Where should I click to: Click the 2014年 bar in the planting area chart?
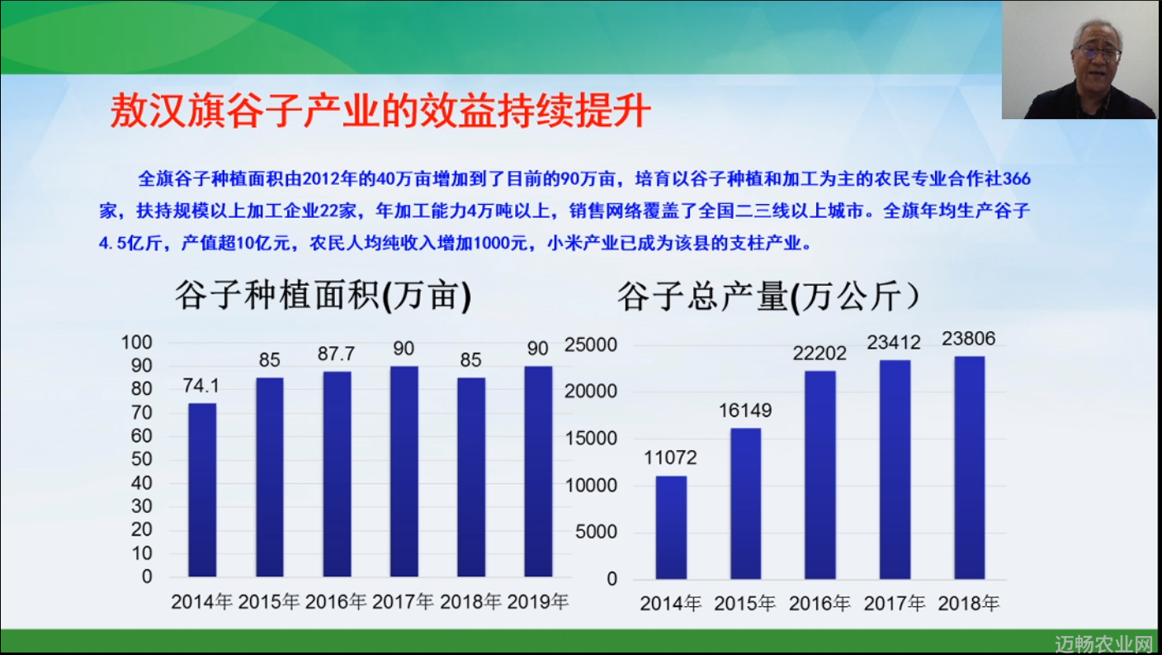(202, 490)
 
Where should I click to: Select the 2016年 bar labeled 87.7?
(337, 474)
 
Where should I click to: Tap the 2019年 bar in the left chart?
(538, 472)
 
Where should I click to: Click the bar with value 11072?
(671, 527)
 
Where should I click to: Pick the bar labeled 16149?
(745, 504)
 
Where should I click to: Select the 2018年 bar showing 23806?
(969, 468)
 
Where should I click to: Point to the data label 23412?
(893, 343)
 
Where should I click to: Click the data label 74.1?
(201, 386)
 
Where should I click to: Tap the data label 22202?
(820, 354)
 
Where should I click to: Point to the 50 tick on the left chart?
(141, 459)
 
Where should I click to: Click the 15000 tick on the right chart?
(591, 439)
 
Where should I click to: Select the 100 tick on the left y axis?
(136, 343)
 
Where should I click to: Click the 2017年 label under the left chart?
(403, 602)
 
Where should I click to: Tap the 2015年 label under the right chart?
(745, 604)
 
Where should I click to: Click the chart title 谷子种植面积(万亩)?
(324, 296)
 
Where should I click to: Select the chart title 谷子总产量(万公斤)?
(768, 297)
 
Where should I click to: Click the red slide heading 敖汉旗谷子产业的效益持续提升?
(380, 111)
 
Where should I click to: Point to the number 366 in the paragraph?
(1016, 179)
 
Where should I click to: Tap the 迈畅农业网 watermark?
(1104, 644)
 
